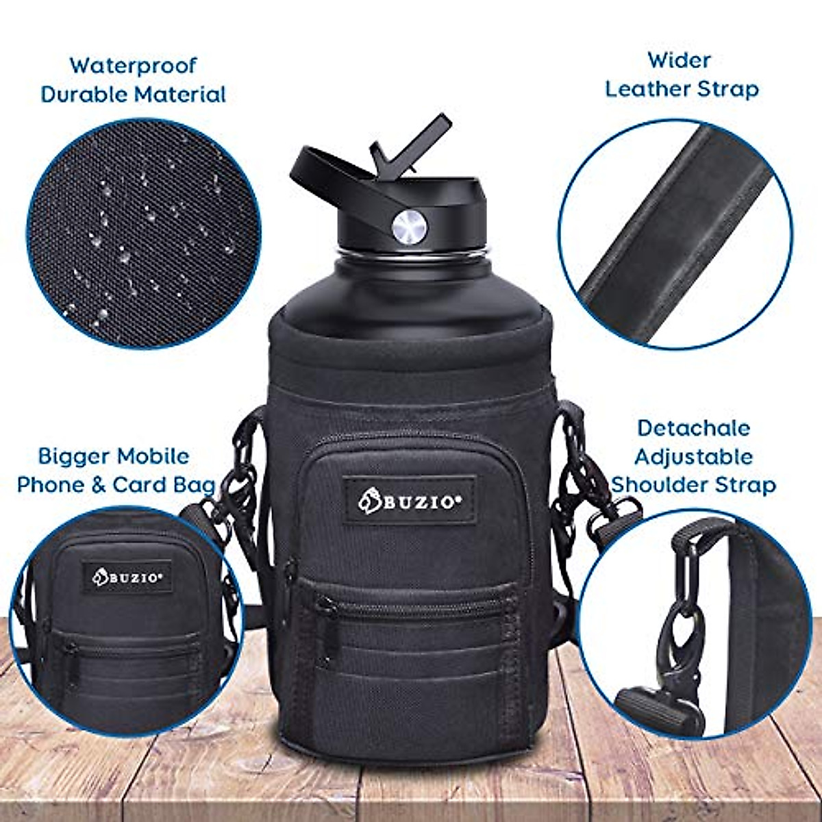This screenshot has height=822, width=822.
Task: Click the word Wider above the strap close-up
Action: coord(679,60)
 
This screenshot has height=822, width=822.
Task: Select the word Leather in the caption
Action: coord(648,89)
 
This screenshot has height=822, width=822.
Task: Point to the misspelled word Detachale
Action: coord(693,428)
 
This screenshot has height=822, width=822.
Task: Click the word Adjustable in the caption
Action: coord(693,456)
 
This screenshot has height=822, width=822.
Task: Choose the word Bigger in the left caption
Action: coord(74,456)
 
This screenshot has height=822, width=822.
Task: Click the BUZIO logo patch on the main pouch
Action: coord(410,500)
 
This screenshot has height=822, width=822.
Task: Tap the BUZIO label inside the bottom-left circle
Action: coord(127,577)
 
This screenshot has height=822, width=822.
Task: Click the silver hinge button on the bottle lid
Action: coord(409,225)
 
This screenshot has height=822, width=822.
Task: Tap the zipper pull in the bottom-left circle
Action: coord(68,651)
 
